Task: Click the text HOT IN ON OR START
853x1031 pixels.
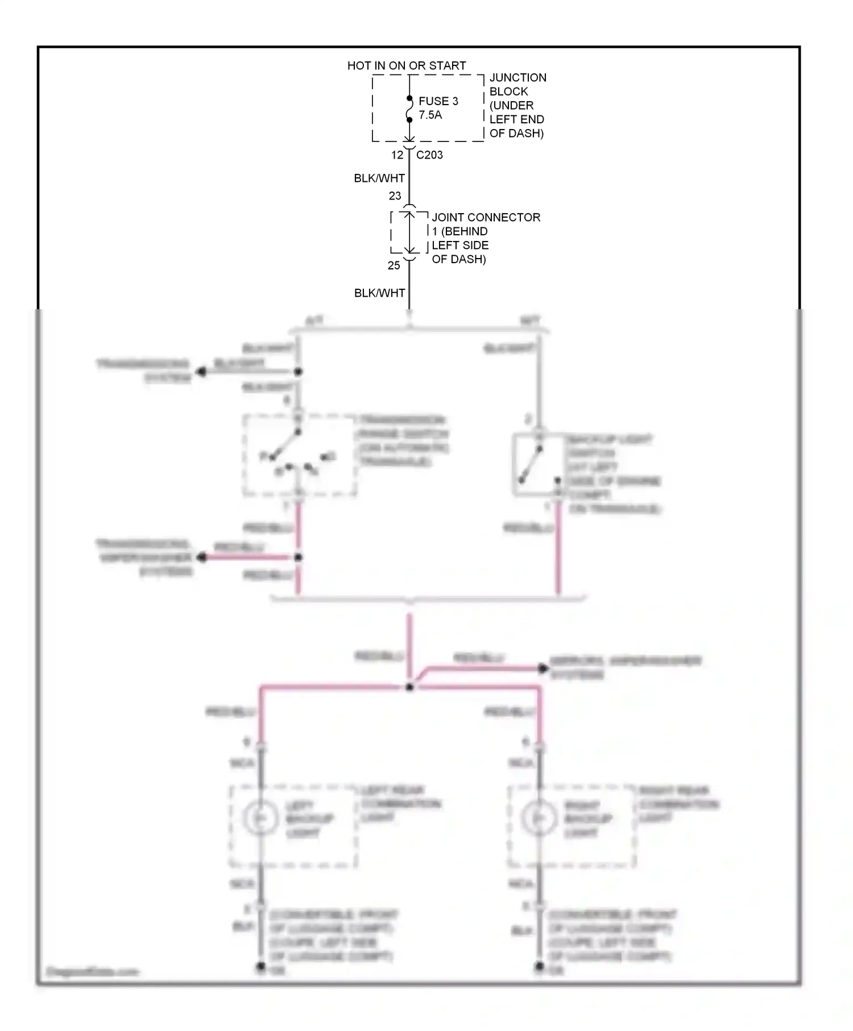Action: point(406,66)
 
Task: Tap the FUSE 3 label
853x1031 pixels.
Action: point(438,101)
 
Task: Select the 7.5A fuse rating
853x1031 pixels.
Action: point(430,115)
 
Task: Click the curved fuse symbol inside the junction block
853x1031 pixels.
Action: point(409,109)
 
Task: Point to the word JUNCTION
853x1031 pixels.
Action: point(517,78)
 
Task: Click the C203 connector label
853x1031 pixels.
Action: point(429,155)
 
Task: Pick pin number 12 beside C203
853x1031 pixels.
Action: point(397,155)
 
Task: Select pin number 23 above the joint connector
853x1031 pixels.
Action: point(395,196)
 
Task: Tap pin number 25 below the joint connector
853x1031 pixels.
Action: point(394,265)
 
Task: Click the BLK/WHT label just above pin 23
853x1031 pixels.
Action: point(379,178)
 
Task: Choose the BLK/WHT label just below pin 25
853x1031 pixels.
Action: point(379,293)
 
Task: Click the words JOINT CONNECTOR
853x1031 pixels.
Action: point(486,217)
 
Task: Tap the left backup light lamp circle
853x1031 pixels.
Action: point(260,817)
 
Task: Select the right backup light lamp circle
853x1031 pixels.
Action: point(539,817)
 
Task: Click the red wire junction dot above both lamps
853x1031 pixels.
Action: point(409,687)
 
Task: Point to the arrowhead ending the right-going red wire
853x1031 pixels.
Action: point(543,668)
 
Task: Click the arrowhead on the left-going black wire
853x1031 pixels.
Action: point(200,372)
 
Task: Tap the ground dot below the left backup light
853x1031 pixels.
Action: point(260,966)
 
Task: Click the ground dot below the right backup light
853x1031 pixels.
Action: point(539,966)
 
